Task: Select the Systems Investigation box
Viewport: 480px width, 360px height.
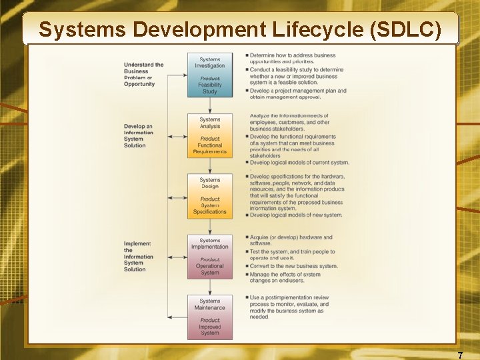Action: (210, 75)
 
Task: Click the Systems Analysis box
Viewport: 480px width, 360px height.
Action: (210, 135)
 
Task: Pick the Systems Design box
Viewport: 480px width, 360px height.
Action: (210, 195)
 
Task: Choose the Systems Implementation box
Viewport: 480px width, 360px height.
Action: (210, 256)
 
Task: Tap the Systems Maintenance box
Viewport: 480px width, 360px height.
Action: (210, 317)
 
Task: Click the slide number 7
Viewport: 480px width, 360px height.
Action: (460, 355)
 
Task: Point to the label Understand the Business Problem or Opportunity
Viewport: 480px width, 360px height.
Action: (143, 74)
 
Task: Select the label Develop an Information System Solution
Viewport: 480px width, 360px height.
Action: (138, 135)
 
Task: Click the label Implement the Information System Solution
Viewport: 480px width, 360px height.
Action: (138, 256)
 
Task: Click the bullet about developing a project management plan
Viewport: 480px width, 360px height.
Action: (296, 94)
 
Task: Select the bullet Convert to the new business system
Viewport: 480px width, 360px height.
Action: (293, 266)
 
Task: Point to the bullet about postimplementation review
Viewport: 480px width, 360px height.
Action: (289, 307)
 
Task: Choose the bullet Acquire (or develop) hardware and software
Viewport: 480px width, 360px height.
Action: (291, 240)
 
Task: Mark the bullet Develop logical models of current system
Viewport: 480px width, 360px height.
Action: (299, 163)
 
